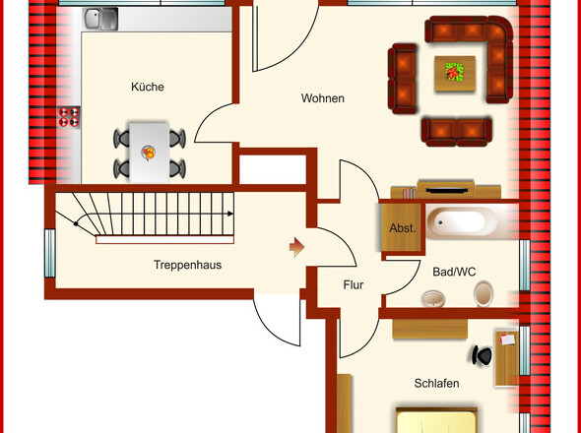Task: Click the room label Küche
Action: pos(147,87)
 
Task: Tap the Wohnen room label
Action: pos(322,98)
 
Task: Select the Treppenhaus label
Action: pos(186,266)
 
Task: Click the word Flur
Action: pos(354,286)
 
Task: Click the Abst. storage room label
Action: pos(403,228)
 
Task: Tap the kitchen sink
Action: pos(99,19)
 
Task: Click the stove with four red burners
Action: pos(69,117)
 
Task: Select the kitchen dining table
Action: pos(149,152)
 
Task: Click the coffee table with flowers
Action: pos(454,72)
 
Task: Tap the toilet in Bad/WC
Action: pos(484,293)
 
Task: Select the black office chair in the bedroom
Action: pos(482,355)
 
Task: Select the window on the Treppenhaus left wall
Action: pos(49,253)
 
